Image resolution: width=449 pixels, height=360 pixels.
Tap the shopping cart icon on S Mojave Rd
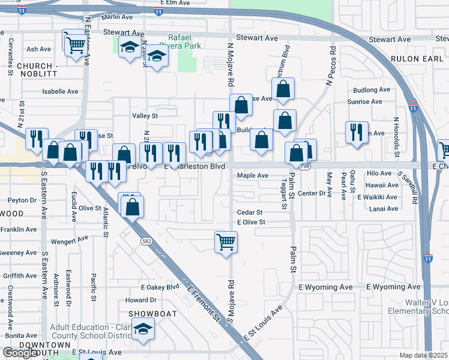pos(226,242)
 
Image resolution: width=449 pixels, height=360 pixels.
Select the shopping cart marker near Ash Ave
pos(75,44)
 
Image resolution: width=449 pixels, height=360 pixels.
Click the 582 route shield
pos(146,241)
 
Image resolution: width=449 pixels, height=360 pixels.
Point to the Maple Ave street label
pos(252,176)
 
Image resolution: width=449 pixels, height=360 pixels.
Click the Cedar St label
pos(250,212)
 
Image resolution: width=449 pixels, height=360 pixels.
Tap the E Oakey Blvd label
pos(160,287)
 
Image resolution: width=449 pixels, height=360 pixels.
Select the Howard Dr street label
pos(141,300)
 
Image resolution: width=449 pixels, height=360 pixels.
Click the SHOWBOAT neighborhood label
pos(145,314)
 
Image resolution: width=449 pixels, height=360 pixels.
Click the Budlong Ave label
pos(372,90)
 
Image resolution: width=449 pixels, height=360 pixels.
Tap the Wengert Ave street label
pos(70,241)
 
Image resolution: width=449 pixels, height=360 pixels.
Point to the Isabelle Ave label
pos(60,92)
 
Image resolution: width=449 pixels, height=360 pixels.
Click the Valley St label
pos(145,116)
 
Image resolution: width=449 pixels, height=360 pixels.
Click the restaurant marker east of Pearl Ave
pos(357,132)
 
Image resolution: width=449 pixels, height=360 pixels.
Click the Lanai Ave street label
pos(384,209)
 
